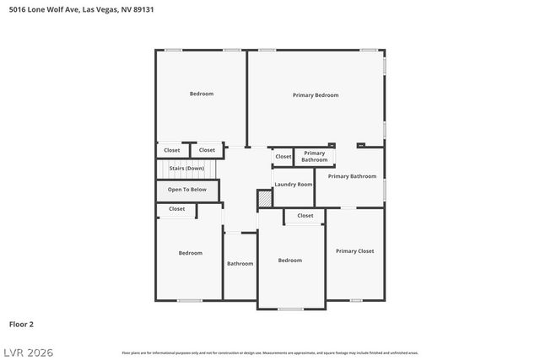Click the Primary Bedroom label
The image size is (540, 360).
click(315, 95)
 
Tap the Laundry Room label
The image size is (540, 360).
click(293, 184)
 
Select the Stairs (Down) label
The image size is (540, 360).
click(186, 169)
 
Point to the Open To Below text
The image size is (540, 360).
click(186, 190)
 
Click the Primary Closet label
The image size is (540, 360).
click(354, 250)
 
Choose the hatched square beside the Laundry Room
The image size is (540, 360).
click(265, 199)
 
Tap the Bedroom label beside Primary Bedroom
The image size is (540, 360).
click(201, 94)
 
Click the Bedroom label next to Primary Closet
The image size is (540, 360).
click(289, 261)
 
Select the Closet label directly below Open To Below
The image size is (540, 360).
click(176, 209)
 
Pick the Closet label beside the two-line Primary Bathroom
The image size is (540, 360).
click(283, 156)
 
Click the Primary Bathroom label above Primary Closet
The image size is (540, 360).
click(352, 176)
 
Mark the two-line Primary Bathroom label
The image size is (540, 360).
click(315, 156)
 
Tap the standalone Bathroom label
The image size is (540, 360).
click(240, 264)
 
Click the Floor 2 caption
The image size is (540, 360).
click(21, 324)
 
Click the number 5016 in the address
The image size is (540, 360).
click(16, 10)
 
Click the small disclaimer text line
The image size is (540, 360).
click(270, 352)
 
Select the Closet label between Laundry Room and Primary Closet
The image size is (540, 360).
click(305, 216)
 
